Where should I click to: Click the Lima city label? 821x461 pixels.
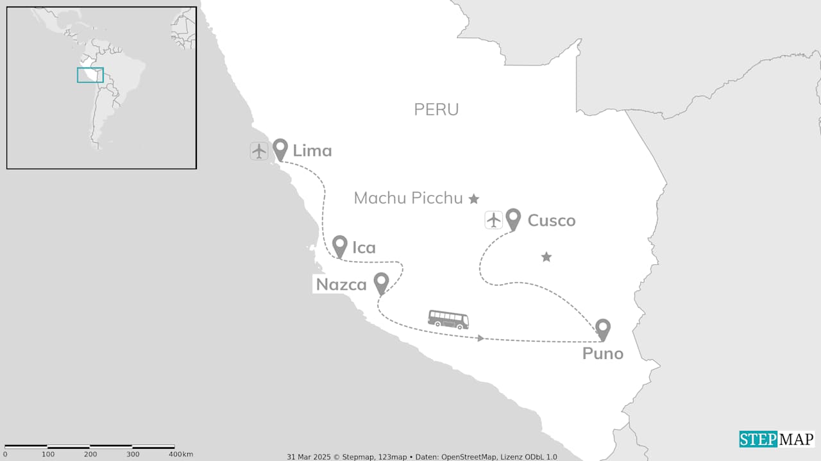point(312,151)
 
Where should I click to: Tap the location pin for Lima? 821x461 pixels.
point(280,149)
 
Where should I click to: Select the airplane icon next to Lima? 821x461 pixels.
point(259,151)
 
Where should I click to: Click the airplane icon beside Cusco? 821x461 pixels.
point(493,220)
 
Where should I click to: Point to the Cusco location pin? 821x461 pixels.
point(513,219)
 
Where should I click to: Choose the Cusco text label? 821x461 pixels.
point(551,221)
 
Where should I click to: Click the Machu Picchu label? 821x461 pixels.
point(409,198)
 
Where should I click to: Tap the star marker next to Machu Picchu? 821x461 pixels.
point(474,199)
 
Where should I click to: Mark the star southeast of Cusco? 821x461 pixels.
point(546,257)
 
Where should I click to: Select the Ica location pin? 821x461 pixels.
point(340,246)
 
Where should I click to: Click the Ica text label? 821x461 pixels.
point(364,247)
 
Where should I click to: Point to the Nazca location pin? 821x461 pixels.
point(382,283)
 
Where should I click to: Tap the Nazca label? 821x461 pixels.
point(341,285)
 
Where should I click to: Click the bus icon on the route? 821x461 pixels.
point(448,319)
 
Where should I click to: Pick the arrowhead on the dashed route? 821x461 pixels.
point(480,338)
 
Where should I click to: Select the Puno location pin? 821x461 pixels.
point(602,329)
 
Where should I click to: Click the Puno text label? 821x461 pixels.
point(603,353)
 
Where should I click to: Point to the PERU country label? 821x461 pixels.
point(436,110)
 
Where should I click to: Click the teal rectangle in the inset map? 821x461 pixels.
point(90,75)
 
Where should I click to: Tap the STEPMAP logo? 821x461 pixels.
point(777,439)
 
